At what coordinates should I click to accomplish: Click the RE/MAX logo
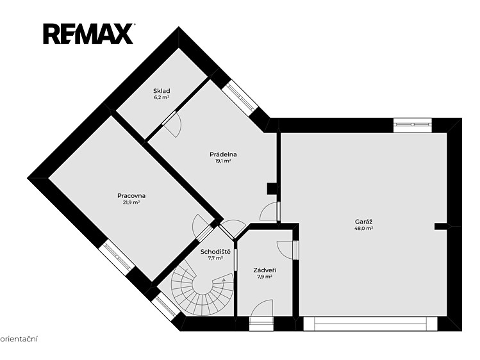click(88, 34)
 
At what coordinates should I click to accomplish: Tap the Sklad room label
click(161, 91)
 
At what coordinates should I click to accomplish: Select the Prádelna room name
click(223, 154)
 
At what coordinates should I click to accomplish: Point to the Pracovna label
click(131, 196)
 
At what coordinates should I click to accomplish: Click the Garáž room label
click(363, 222)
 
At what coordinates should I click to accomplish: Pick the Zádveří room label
click(265, 270)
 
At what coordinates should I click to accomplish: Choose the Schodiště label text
click(215, 252)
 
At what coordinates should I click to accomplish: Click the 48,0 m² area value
click(363, 228)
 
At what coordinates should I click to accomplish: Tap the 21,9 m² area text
click(131, 202)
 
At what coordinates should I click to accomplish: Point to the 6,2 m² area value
click(161, 97)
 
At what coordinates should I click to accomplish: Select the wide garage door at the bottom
click(370, 324)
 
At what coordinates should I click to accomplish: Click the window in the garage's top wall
click(412, 125)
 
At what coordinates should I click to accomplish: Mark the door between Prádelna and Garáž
click(269, 211)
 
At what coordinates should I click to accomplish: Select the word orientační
click(20, 339)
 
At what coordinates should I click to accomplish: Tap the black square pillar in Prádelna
click(272, 189)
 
